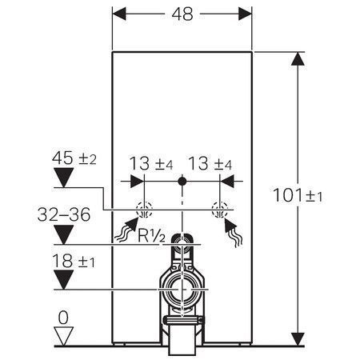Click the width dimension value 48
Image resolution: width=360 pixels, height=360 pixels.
point(182,14)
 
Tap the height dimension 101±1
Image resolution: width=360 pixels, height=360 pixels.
point(298,195)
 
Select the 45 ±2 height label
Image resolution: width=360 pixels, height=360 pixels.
point(74,158)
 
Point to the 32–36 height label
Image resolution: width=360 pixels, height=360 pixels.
point(64,214)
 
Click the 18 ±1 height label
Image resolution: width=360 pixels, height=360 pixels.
point(74,261)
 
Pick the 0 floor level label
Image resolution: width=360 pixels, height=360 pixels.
point(63,318)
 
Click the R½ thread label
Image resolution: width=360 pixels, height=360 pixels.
point(151,235)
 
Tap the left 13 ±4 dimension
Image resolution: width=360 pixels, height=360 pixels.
point(151,163)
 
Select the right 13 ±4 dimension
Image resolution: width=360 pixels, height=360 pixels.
point(210,163)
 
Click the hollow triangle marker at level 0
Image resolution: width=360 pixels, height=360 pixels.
point(63,336)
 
